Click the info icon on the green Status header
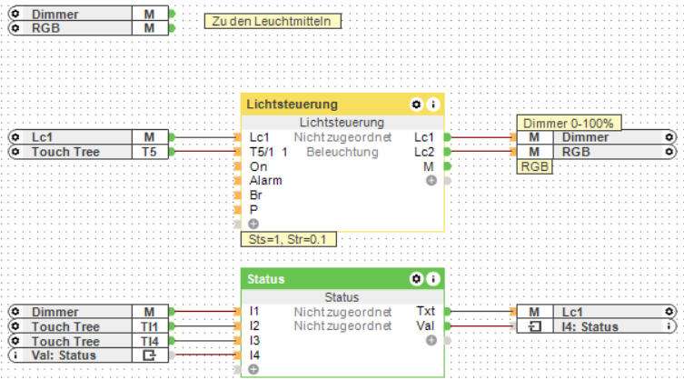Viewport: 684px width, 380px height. (x=433, y=278)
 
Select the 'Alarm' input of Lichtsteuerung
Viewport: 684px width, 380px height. (x=265, y=181)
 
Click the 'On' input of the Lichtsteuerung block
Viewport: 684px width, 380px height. (x=258, y=166)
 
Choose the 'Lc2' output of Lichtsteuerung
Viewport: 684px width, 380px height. (x=423, y=152)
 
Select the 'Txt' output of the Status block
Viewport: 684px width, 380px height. (x=425, y=312)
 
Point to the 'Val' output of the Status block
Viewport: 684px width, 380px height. (x=425, y=325)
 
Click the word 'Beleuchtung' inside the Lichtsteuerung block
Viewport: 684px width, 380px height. (x=342, y=152)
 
